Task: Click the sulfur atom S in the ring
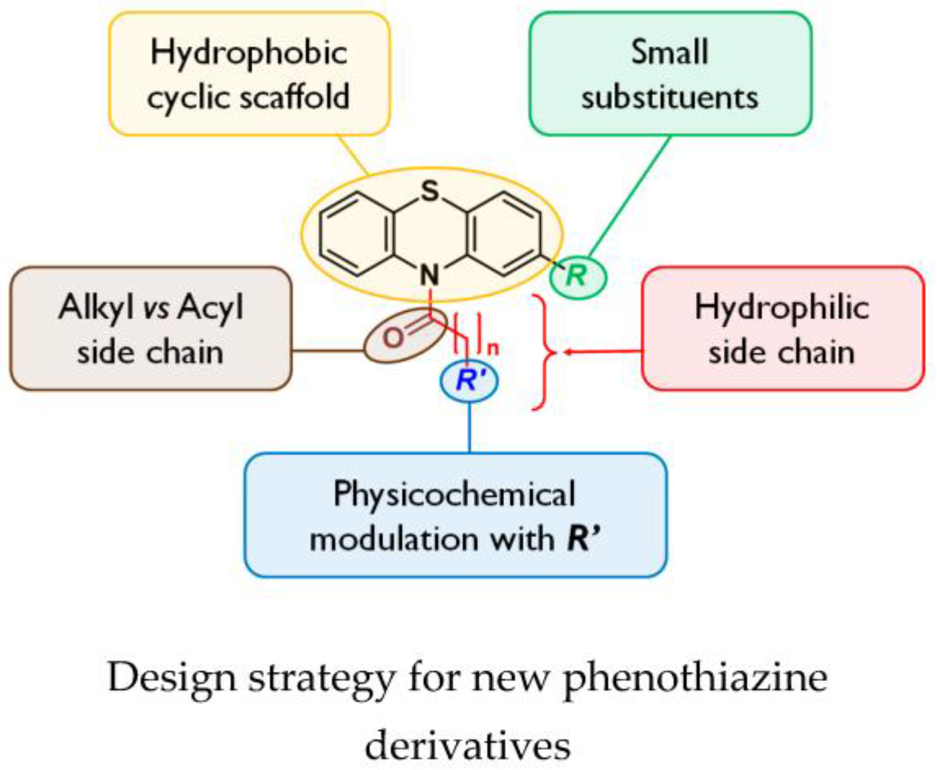point(430,191)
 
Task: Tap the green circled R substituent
point(577,276)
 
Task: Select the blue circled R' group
point(469,380)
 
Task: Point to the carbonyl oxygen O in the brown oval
point(393,338)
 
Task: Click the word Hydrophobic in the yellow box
point(249,53)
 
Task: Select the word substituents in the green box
point(670,98)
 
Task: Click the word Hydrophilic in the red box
point(782,308)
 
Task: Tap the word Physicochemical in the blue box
point(454,495)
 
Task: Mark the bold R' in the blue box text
point(582,539)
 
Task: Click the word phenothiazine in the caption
point(695,678)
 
